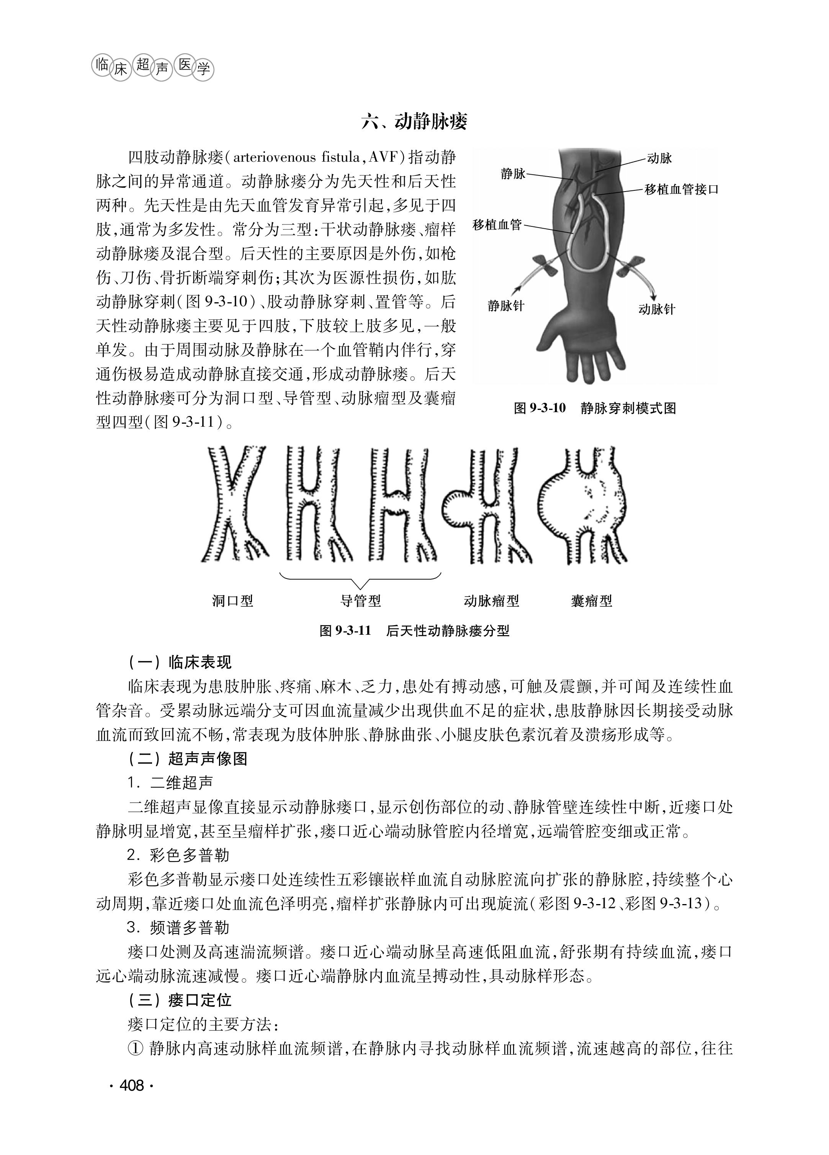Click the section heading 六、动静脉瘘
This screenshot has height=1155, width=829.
(414, 122)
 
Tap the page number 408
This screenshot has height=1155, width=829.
(131, 1085)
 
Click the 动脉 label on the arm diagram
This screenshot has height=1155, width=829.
(659, 158)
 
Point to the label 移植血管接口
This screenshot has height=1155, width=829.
(681, 190)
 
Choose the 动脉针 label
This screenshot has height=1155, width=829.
(656, 309)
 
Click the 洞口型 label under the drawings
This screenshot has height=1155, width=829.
(232, 601)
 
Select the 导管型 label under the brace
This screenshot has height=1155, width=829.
(360, 601)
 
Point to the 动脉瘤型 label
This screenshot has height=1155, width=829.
(491, 601)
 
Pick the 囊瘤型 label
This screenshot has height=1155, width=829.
(591, 601)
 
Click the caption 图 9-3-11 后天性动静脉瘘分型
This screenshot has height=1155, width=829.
(414, 631)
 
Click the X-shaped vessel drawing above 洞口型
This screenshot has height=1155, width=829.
(234, 504)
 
